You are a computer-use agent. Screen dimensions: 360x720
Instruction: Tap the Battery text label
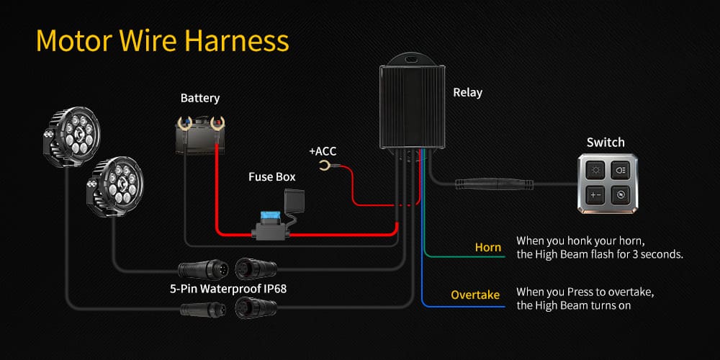tap(199, 98)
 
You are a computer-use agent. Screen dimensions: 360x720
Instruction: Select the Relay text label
tap(467, 92)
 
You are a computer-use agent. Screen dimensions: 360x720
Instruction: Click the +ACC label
tap(323, 151)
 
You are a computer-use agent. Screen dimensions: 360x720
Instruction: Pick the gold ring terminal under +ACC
tap(325, 168)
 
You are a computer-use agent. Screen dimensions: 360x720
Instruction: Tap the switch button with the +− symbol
tap(595, 195)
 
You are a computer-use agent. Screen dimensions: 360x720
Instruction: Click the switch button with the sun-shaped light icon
tap(595, 171)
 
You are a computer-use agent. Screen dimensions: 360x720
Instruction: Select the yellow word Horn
tap(488, 248)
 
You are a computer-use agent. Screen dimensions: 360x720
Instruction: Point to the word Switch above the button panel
tap(606, 142)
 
